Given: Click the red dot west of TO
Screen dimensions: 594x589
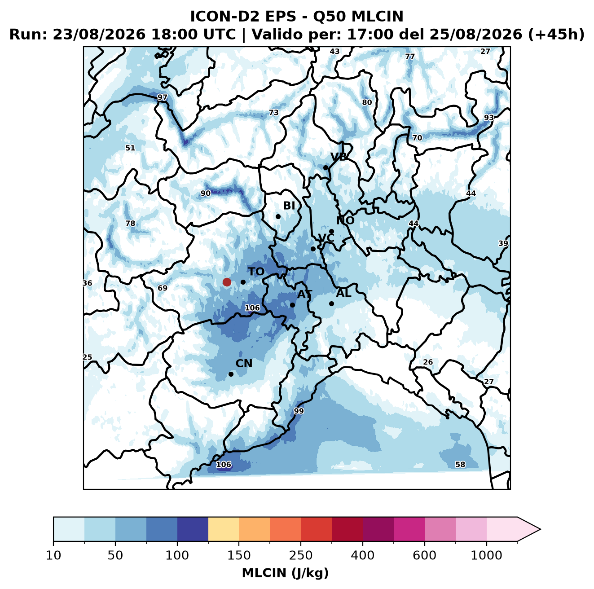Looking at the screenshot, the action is (x=227, y=282).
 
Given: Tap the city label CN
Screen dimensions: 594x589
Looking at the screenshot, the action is (x=244, y=364).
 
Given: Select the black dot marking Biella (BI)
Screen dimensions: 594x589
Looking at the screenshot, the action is (x=278, y=217).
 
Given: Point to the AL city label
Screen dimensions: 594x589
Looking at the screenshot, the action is (x=344, y=293).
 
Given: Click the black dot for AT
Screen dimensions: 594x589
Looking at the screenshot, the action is (x=292, y=305).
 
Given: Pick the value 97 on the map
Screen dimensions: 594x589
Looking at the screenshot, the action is (x=162, y=97).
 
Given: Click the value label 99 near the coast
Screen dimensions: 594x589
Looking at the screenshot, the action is (x=299, y=411).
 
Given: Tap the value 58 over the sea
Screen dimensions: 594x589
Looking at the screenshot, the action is (x=460, y=465).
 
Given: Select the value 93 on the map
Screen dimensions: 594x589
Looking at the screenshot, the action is (x=489, y=118).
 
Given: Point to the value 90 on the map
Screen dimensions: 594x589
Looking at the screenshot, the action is (x=206, y=193).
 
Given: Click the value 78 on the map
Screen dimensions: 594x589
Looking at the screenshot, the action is (x=130, y=223).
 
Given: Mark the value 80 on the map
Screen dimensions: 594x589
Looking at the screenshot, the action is (x=367, y=102).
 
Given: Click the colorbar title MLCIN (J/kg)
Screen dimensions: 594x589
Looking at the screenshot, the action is (x=285, y=573).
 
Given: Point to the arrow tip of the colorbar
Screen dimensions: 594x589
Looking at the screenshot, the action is (x=541, y=529).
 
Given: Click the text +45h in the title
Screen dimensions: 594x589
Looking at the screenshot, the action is (x=556, y=35).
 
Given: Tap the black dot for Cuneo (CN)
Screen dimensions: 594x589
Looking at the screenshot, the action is (x=231, y=374).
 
